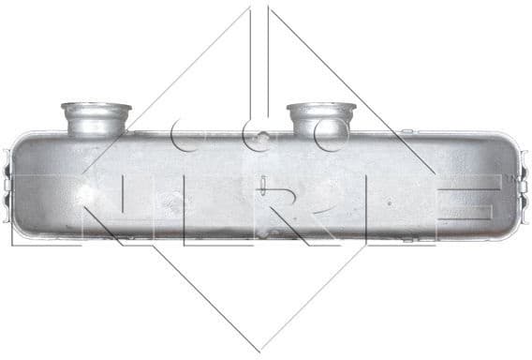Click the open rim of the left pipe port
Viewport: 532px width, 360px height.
click(x=96, y=107)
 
